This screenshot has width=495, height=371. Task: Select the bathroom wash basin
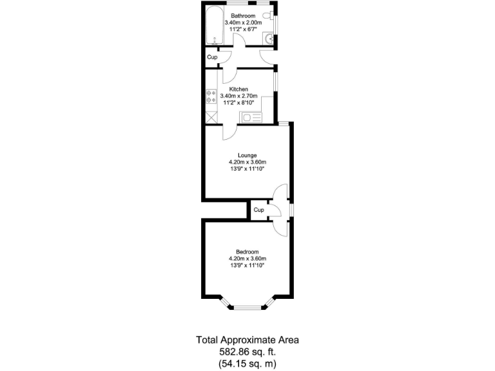click(x=270, y=39)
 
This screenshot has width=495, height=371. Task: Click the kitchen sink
click(x=250, y=117)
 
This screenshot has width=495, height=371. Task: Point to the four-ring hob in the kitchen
click(x=210, y=97)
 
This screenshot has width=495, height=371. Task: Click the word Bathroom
click(x=243, y=15)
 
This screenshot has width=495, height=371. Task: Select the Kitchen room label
click(x=238, y=89)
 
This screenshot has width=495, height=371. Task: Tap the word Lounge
click(x=247, y=155)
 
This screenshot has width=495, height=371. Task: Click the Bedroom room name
click(x=247, y=251)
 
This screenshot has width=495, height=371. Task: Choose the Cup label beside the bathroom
click(x=212, y=57)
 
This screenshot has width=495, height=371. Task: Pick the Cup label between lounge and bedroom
click(x=258, y=210)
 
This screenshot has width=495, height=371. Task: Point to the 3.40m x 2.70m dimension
click(x=238, y=96)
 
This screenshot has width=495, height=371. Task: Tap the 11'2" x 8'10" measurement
click(x=238, y=103)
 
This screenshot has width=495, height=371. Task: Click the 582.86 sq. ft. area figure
click(x=247, y=352)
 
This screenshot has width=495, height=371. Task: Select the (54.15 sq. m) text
click(x=247, y=363)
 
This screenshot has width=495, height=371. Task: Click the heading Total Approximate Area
click(x=247, y=340)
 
